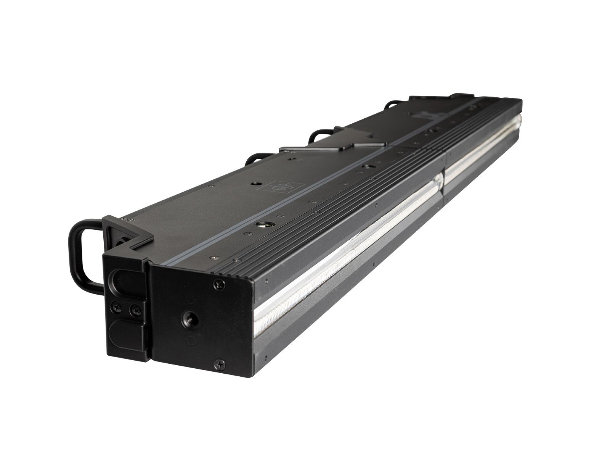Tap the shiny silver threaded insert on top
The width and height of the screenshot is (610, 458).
click(262, 225)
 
